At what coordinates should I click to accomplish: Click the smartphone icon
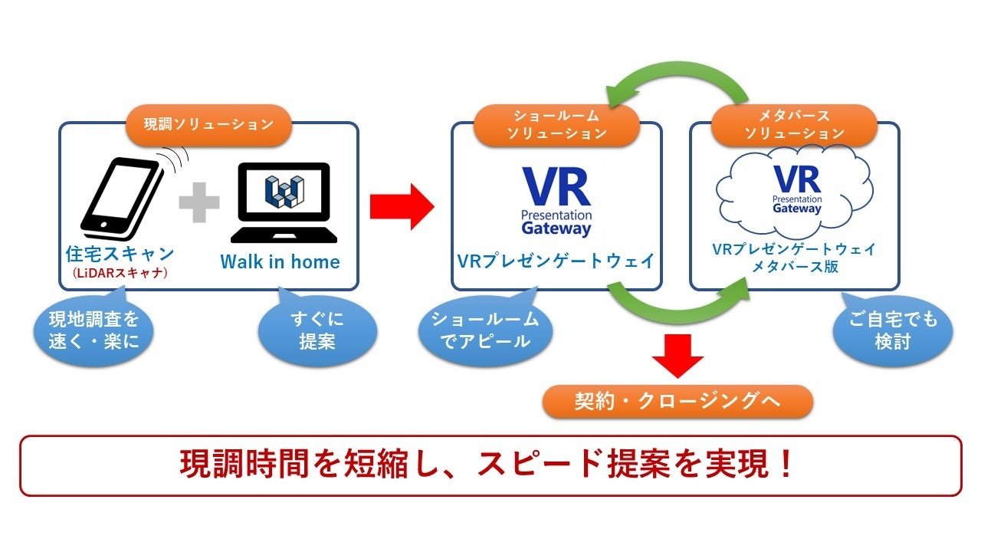pos(123,199)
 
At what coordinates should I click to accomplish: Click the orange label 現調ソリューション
pos(208,124)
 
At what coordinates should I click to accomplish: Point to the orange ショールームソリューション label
pos(556,125)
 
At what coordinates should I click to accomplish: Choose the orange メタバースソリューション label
pos(794,125)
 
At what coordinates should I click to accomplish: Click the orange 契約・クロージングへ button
pos(678,401)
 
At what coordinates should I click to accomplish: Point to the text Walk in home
pos(280,261)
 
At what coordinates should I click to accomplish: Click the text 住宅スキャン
pos(120,253)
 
